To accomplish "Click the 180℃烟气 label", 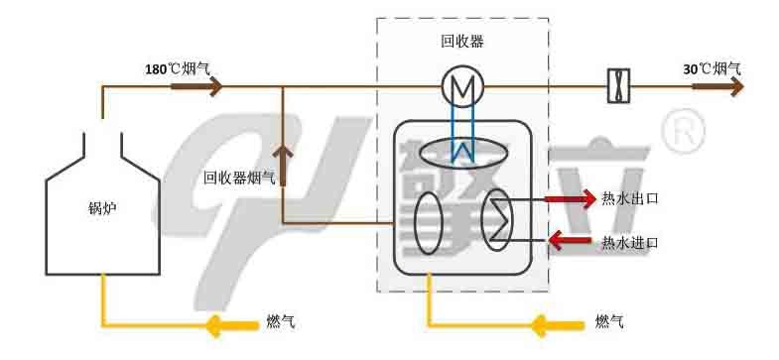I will coord(178,69).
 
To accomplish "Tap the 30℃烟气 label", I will coord(712,69).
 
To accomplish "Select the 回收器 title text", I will coord(461,42).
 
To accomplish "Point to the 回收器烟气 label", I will coord(238,179).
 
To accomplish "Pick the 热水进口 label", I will coord(630,241).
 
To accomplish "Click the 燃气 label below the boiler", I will coord(281,322).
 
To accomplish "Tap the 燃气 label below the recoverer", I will coord(608,322).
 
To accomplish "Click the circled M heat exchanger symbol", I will coord(461,87).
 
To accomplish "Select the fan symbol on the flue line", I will coord(620,87).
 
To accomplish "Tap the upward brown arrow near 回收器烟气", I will coord(283,164).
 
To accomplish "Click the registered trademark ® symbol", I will coord(682,131).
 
